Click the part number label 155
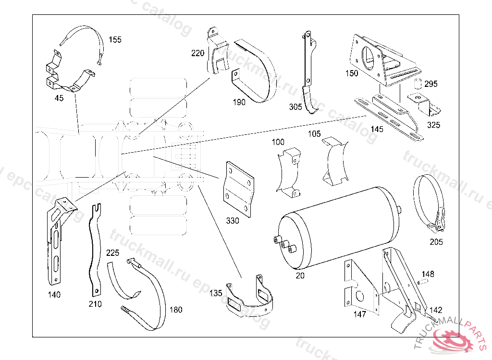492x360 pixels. click(115, 40)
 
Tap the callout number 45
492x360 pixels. click(59, 98)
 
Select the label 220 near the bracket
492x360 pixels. click(197, 53)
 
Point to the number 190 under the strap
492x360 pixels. click(239, 102)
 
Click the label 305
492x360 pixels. click(296, 107)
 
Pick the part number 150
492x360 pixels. click(352, 73)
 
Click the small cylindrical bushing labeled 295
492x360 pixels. click(418, 84)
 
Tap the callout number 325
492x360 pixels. click(433, 125)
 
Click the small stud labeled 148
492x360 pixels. click(423, 282)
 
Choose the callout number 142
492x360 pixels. click(436, 310)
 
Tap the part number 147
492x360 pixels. click(359, 314)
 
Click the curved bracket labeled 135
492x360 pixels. click(250, 300)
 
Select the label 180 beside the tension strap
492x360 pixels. click(176, 310)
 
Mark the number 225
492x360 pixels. click(112, 252)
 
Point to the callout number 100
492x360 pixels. click(278, 142)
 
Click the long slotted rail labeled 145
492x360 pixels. click(389, 118)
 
